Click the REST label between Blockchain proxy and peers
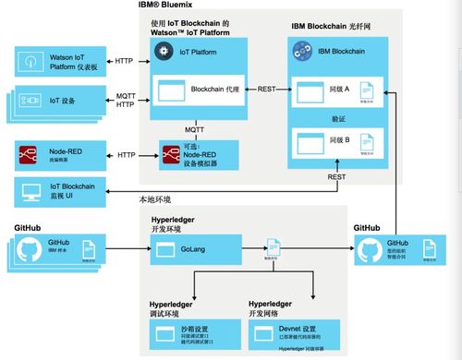click(267, 90)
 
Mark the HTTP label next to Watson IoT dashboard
click(124, 61)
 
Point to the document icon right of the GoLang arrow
click(274, 248)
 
